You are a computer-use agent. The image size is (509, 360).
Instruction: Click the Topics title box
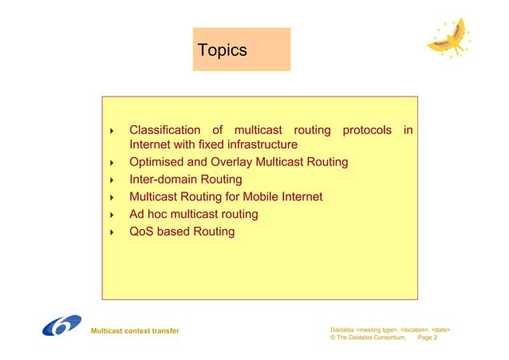coord(241,50)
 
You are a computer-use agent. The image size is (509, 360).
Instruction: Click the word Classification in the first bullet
coord(165,129)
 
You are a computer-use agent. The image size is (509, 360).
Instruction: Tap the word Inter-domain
coord(163,180)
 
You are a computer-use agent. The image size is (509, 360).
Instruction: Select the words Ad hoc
coord(151,214)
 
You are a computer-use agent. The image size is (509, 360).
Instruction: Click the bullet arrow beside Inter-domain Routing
coord(112,180)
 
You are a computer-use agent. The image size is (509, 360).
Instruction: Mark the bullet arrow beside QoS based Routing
coord(112,232)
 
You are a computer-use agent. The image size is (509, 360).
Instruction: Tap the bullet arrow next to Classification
coord(112,130)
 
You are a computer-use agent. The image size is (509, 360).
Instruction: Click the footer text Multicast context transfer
coord(135,330)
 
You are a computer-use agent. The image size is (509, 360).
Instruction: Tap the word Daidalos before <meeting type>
coord(345,328)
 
